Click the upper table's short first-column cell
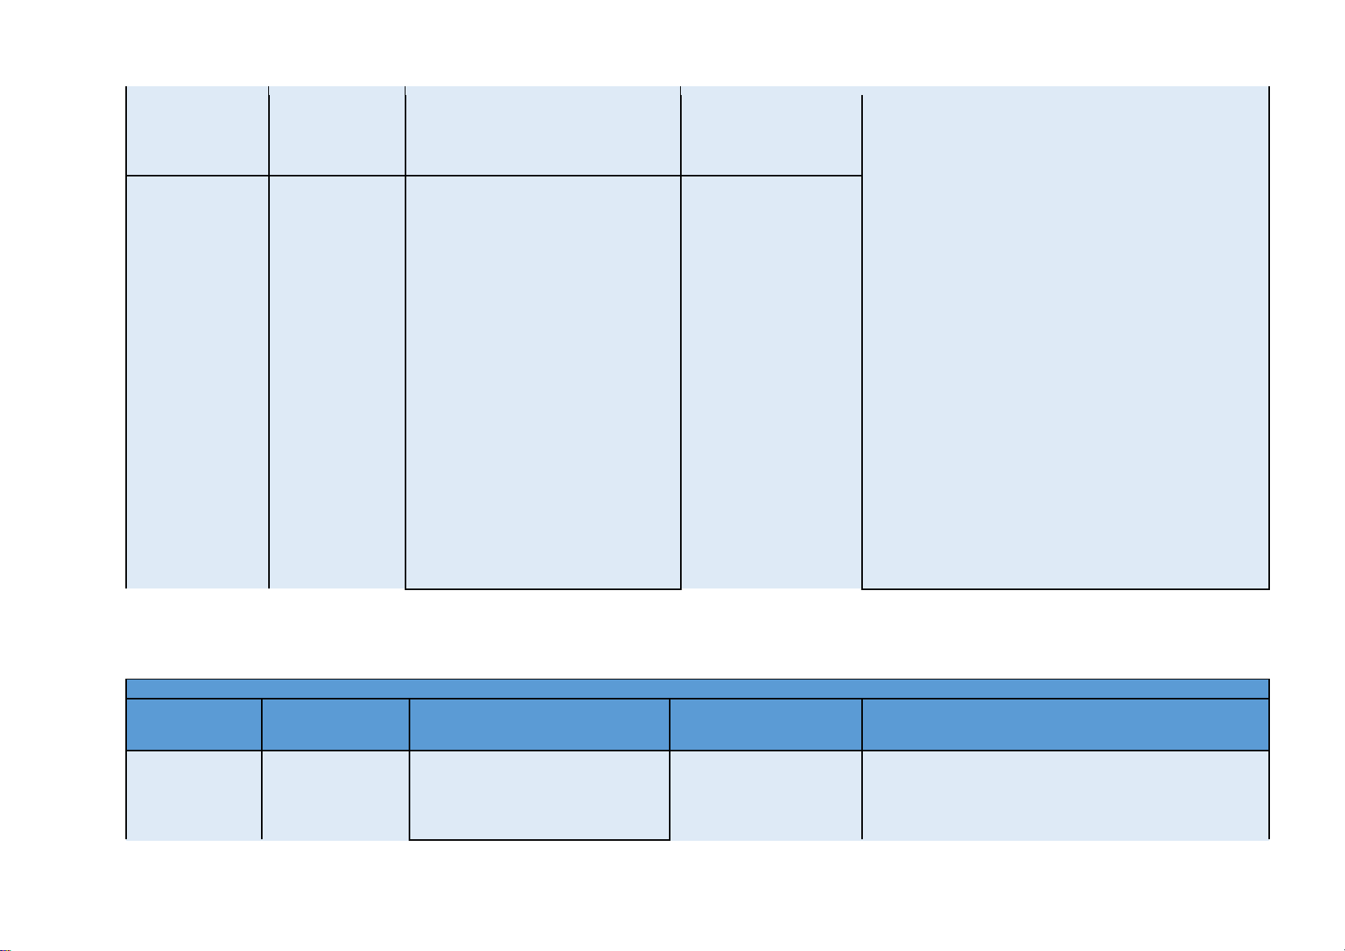click(197, 130)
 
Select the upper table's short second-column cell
click(337, 130)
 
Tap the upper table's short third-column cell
click(543, 130)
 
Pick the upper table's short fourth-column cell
click(771, 130)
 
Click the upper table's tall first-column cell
click(197, 382)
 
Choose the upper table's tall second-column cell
click(337, 382)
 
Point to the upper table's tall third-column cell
click(543, 382)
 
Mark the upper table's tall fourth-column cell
click(771, 382)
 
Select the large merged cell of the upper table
click(1066, 339)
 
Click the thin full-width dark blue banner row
click(698, 688)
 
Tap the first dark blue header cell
click(194, 724)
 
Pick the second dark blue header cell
click(335, 724)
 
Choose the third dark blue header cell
click(539, 724)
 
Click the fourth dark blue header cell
click(765, 724)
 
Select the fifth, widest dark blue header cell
click(1066, 724)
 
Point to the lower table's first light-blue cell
click(194, 795)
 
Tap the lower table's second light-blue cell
click(335, 795)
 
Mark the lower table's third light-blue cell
click(539, 795)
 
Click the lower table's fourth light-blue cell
click(765, 795)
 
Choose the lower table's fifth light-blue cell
click(1066, 795)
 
